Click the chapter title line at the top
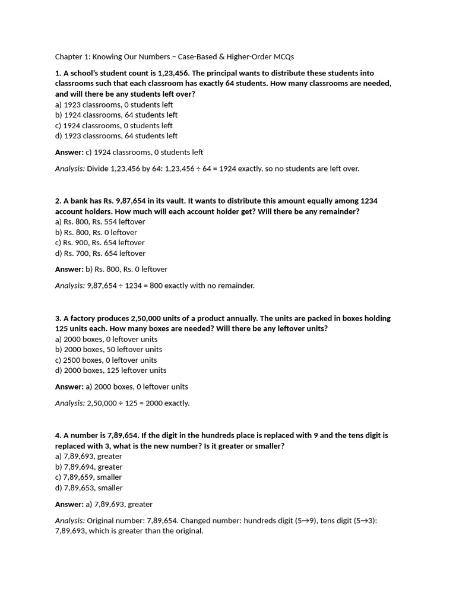tap(175, 57)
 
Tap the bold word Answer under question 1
tap(69, 153)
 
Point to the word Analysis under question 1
tap(70, 169)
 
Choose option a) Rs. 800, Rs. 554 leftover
tap(100, 222)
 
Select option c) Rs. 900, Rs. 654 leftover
tap(100, 243)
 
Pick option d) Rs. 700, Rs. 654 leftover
tap(100, 254)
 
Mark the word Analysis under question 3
tap(70, 403)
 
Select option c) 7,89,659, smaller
tap(88, 477)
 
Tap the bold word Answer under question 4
tap(69, 505)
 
